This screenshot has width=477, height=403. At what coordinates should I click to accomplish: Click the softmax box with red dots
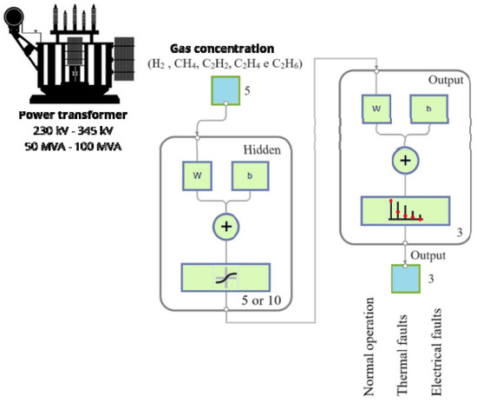(404, 211)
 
